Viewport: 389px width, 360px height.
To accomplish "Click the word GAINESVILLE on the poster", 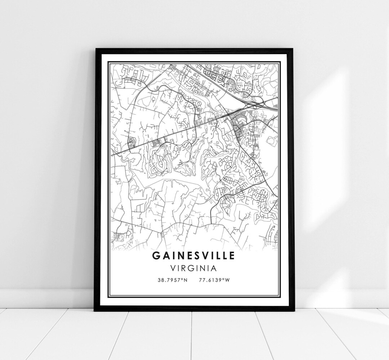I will pos(194,255).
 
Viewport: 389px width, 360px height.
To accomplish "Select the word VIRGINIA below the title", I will pos(194,268).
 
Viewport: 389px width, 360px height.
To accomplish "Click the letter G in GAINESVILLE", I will pos(156,255).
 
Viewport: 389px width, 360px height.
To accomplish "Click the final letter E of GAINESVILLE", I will pos(232,255).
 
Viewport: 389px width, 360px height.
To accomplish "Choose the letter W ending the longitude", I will pos(227,280).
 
